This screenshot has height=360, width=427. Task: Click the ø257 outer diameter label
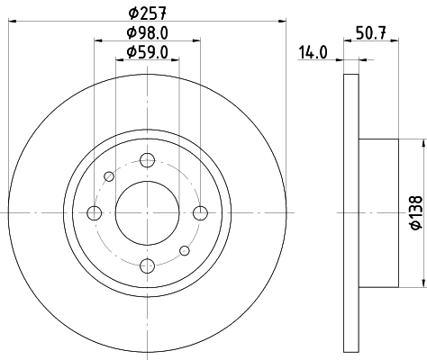145,11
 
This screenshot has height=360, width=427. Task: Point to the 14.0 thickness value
313,54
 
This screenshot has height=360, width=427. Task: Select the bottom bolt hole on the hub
146,265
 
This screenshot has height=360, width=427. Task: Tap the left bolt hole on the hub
94,213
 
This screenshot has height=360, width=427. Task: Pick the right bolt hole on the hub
199,213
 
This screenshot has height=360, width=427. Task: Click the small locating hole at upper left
109,176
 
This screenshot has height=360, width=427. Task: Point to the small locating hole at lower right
184,250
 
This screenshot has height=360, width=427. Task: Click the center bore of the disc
146,213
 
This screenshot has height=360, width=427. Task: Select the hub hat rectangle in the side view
378,213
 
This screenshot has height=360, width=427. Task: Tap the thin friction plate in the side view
351,213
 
